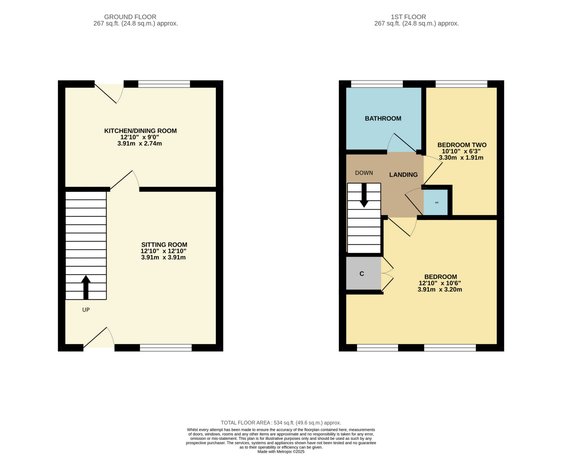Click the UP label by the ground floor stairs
86,310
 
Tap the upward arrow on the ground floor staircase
86,287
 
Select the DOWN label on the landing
364,173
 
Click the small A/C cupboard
436,203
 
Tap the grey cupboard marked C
362,274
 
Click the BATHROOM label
383,119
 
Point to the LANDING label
403,175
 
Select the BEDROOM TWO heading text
462,145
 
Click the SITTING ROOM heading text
164,244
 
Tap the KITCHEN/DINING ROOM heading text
140,131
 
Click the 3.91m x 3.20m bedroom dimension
440,290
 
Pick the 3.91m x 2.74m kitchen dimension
139,144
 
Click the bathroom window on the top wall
377,84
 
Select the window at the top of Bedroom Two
461,84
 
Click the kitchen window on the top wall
164,84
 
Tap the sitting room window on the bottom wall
166,348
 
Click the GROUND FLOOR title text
130,17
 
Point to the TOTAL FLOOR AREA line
281,423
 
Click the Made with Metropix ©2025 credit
281,452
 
